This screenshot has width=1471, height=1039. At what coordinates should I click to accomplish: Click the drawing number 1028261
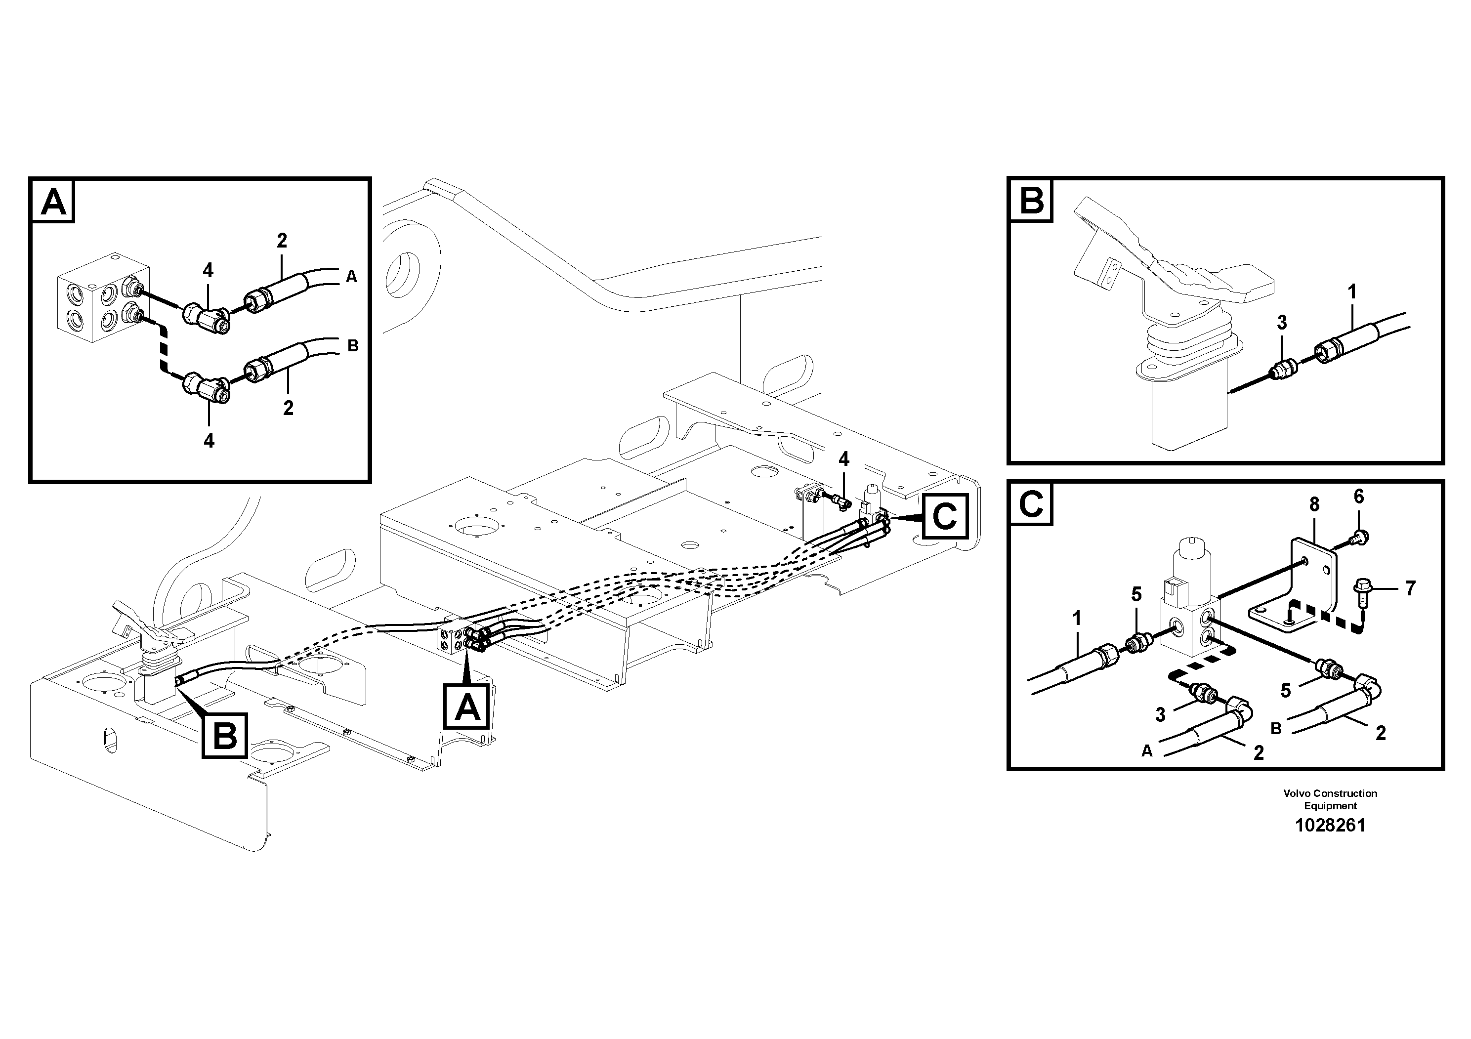(1330, 825)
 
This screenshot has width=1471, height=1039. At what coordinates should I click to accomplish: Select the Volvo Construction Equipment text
(1330, 799)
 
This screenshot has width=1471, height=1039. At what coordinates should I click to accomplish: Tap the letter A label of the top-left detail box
(53, 203)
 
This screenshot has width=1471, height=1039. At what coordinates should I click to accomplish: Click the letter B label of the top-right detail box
(1032, 202)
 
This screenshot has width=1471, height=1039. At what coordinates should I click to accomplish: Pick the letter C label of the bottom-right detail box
(1032, 505)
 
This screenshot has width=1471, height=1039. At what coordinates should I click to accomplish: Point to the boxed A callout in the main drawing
(467, 707)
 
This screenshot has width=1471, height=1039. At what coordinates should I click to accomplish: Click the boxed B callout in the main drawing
(224, 736)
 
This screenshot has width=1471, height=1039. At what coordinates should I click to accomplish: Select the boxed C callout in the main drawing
(945, 516)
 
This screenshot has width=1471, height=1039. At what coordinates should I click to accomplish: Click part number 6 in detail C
(1359, 497)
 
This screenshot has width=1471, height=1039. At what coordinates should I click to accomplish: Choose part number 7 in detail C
(1410, 588)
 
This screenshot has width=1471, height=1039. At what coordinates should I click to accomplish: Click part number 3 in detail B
(1281, 323)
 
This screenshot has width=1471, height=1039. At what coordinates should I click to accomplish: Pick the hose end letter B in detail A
(352, 346)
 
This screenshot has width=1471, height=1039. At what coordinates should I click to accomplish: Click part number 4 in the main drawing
(844, 459)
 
